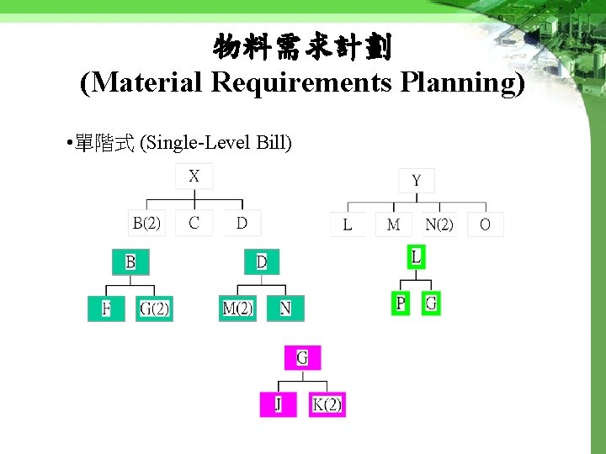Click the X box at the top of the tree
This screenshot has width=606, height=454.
click(194, 177)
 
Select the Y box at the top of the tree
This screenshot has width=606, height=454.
click(416, 180)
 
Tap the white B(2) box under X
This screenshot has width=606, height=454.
click(146, 223)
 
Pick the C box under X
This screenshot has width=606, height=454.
click(194, 223)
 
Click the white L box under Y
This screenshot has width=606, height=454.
click(348, 224)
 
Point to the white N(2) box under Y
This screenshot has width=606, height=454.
click(439, 224)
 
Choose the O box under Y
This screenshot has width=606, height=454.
click(485, 224)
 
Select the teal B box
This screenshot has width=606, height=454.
click(130, 262)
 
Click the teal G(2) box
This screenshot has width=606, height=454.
click(154, 309)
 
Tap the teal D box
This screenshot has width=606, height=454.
click(261, 262)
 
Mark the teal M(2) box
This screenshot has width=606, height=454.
click(237, 309)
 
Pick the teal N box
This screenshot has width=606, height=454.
click(285, 309)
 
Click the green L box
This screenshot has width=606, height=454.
click(416, 256)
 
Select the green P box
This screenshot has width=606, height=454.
click(400, 303)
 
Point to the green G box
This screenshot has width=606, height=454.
click(431, 303)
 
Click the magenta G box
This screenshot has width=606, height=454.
click(302, 358)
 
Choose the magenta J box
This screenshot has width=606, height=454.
click(278, 404)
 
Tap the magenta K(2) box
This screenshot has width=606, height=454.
click(327, 404)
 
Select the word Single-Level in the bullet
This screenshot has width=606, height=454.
click(204, 144)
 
